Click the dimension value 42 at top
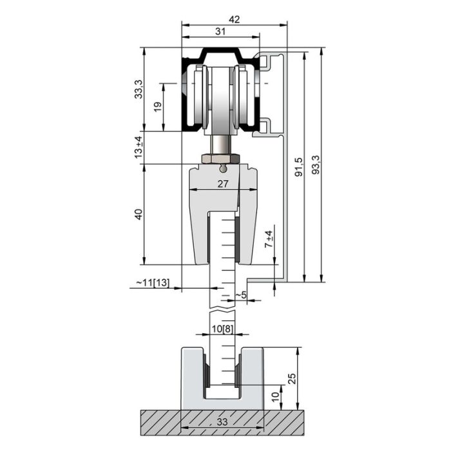[x=234, y=19]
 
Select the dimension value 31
[x=220, y=31]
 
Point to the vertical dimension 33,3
[x=139, y=89]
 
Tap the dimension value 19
[x=158, y=107]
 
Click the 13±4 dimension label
[x=139, y=147]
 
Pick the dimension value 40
[x=139, y=215]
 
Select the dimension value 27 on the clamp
[x=222, y=184]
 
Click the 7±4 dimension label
[x=269, y=239]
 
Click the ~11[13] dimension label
[x=153, y=283]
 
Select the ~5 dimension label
[x=240, y=295]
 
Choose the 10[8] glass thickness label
[x=222, y=329]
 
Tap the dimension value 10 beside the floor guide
[x=275, y=396]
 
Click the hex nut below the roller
[x=221, y=158]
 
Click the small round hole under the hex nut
[x=222, y=169]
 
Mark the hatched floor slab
[x=155, y=422]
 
